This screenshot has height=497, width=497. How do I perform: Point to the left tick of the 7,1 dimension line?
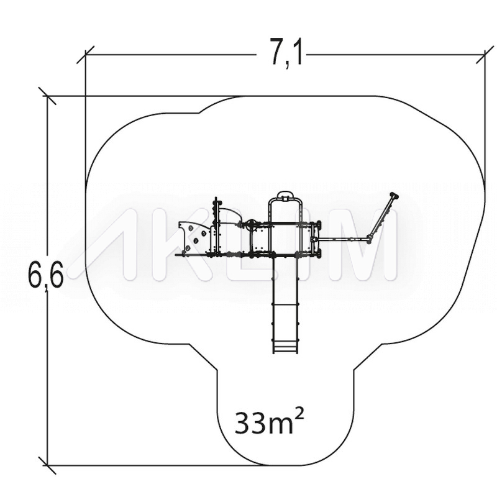[86, 55]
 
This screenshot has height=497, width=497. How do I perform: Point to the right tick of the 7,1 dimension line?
[485, 55]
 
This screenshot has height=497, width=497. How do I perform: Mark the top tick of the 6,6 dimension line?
[47, 96]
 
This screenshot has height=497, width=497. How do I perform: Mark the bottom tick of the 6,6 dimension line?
[47, 465]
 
